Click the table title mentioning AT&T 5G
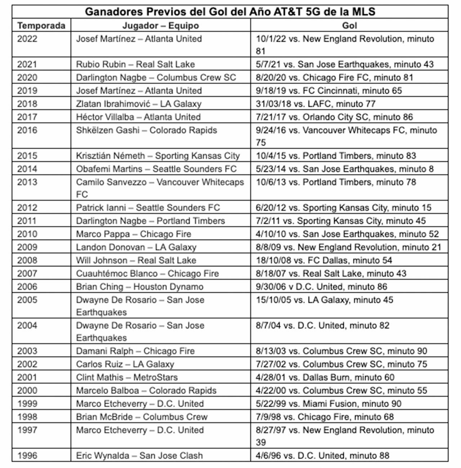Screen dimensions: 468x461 (230, 12)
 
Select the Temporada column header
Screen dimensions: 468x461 (41, 26)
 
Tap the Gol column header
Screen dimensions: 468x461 (349, 26)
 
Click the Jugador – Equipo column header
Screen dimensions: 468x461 (160, 26)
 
